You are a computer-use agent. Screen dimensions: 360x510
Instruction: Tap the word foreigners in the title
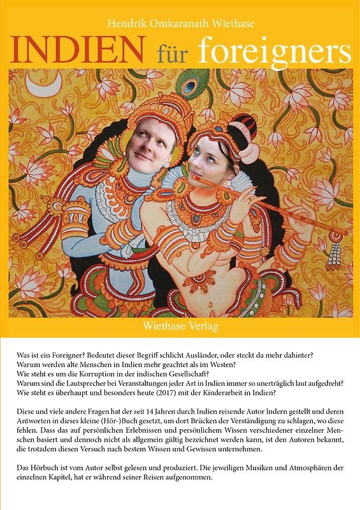275,50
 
